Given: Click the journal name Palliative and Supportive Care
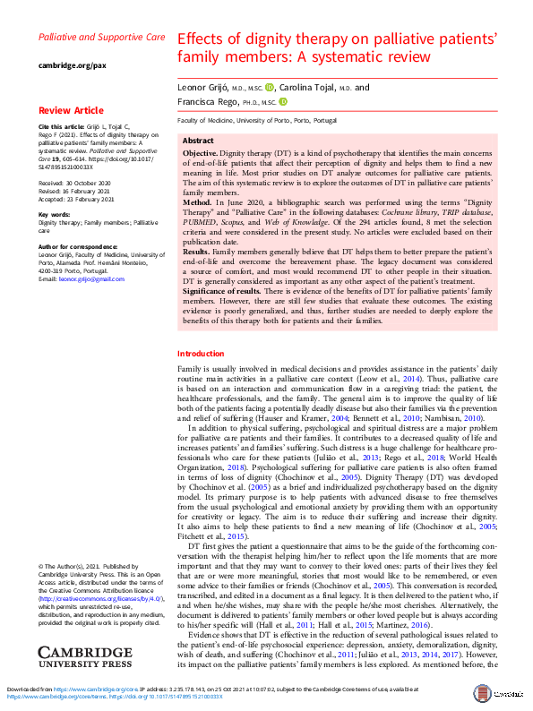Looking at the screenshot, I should (x=101, y=38).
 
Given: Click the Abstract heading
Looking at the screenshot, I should (x=198, y=141).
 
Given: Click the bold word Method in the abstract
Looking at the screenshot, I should (x=199, y=205).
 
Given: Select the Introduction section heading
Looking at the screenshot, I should (x=201, y=354).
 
